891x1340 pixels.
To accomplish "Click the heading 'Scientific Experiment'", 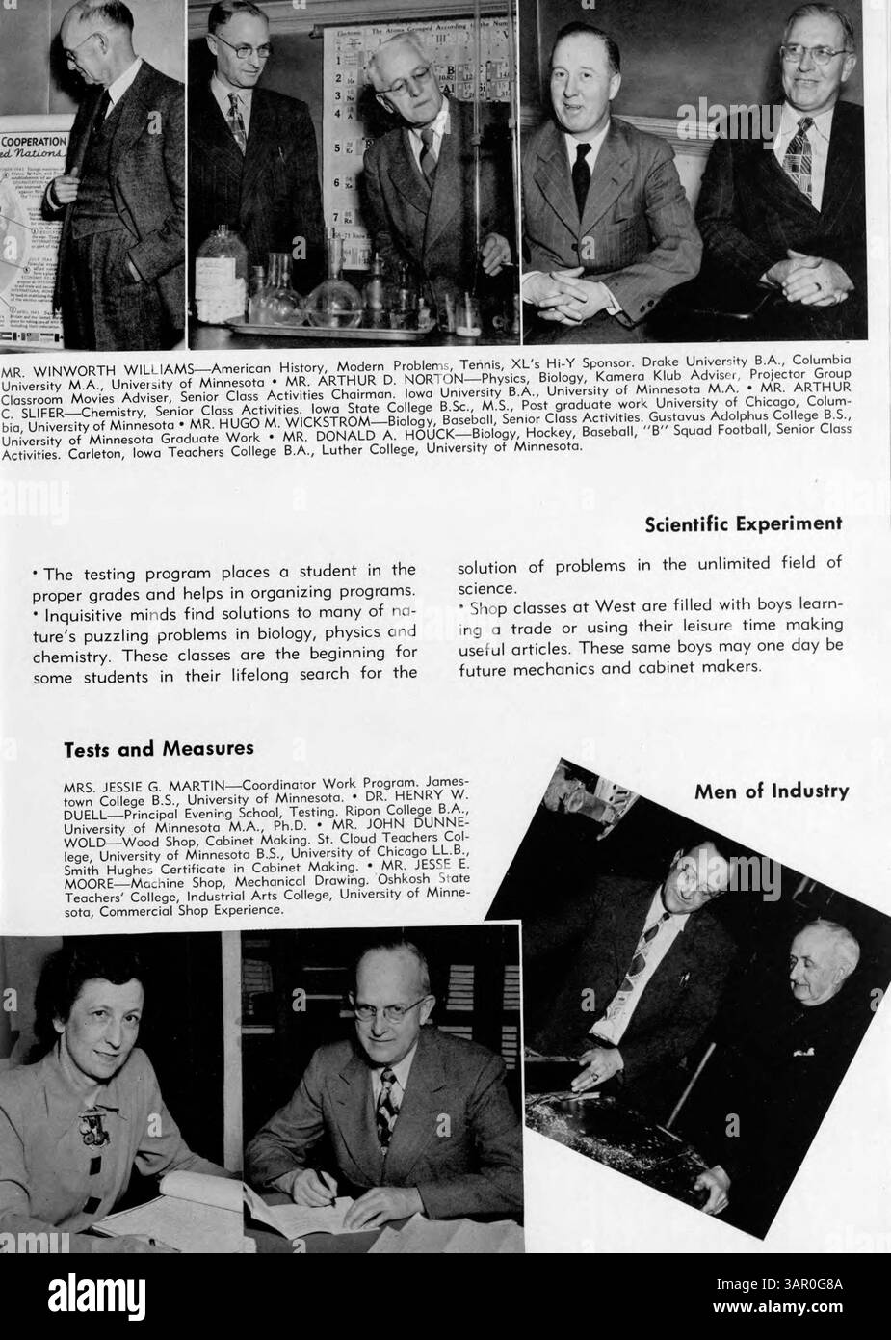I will tap(743, 523).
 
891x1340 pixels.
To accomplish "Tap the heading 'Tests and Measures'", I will tap(159, 747).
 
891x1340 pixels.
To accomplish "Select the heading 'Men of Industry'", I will tap(771, 791).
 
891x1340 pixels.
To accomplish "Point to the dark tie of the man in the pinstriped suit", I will tap(581, 169).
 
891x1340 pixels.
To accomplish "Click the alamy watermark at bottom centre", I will tap(445, 1295).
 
